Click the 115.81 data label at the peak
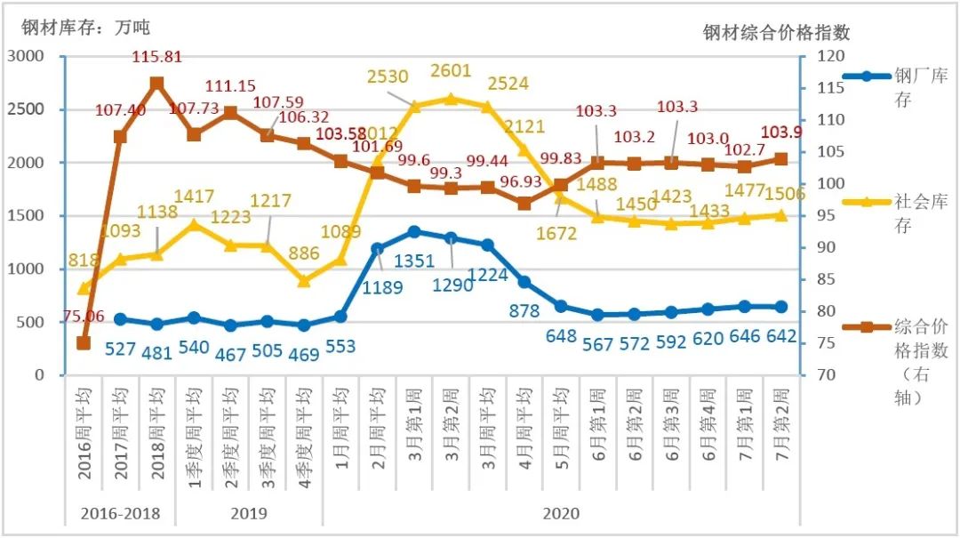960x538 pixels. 156,57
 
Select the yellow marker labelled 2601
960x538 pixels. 451,99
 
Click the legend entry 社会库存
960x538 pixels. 921,213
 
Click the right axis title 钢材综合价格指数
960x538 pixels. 776,33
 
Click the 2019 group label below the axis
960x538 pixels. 248,513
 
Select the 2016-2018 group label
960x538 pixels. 120,513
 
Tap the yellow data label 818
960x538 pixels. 84,261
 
